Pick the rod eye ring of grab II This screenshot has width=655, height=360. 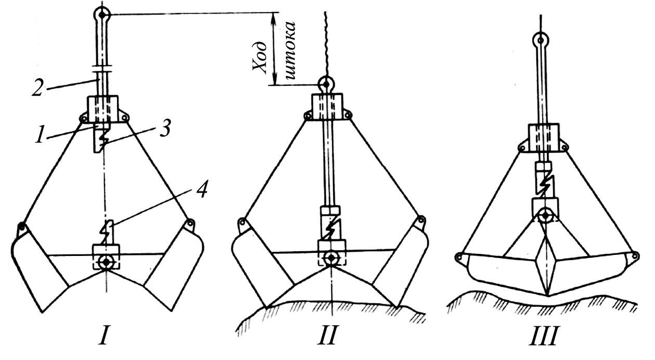click(x=326, y=83)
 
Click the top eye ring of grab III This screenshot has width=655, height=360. click(x=541, y=38)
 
